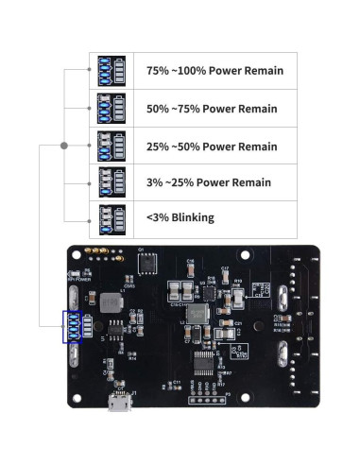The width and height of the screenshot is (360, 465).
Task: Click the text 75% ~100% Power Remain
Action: pos(214,71)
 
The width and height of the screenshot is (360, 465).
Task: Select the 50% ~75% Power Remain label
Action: pos(212,109)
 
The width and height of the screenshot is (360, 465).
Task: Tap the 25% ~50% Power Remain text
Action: pos(212,146)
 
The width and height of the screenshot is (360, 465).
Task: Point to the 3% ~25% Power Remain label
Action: pos(208,182)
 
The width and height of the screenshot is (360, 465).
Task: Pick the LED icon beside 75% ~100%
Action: pos(112,71)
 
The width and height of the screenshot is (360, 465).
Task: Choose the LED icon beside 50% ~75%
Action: pos(112,109)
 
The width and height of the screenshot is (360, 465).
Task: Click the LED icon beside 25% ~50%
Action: pos(112,146)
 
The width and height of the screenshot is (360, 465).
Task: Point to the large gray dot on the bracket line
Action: pos(64,146)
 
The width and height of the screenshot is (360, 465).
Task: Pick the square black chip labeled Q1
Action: pos(148,263)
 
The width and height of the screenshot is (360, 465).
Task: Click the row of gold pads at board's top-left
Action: pos(95,252)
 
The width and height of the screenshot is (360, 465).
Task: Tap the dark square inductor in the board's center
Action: pos(198,313)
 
